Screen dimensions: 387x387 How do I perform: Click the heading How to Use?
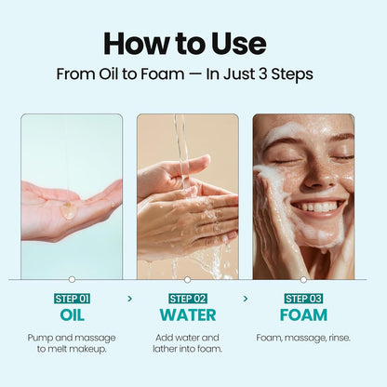pos(184,43)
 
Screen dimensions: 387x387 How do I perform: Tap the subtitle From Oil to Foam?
pos(184,74)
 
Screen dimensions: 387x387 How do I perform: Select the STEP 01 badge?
pos(71,298)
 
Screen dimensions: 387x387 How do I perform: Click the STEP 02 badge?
pos(187,298)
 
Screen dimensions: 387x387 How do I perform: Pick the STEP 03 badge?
pos(303,298)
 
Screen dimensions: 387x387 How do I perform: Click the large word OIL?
pos(71,315)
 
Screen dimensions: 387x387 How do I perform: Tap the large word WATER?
pos(187,315)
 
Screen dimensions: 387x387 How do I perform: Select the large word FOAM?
pos(303,315)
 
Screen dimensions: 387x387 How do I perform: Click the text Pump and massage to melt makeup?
pos(71,342)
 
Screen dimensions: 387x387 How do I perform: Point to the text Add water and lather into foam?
pos(187,342)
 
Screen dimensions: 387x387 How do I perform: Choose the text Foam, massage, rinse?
pos(303,337)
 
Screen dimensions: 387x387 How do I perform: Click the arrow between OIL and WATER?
pos(129,299)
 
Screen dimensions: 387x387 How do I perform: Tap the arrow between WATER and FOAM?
pos(246,299)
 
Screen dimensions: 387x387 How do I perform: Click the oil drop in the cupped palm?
pos(69,210)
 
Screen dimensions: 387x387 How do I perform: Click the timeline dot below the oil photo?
pos(72,279)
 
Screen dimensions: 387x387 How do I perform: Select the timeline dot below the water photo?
pos(187,279)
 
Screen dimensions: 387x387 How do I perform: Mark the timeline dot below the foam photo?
pos(303,279)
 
